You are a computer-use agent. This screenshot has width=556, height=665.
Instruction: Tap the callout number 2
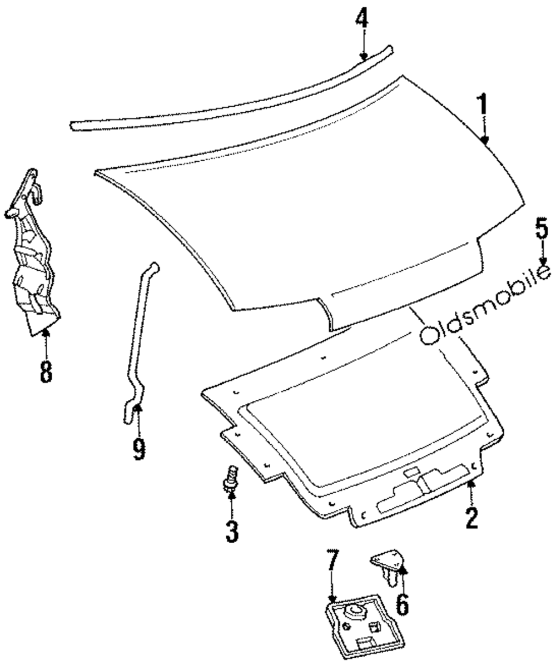click(471, 518)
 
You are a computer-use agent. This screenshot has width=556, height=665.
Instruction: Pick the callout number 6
click(401, 604)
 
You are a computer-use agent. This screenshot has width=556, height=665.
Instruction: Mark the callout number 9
click(138, 448)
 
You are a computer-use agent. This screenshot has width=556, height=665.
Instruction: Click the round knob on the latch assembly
click(355, 613)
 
